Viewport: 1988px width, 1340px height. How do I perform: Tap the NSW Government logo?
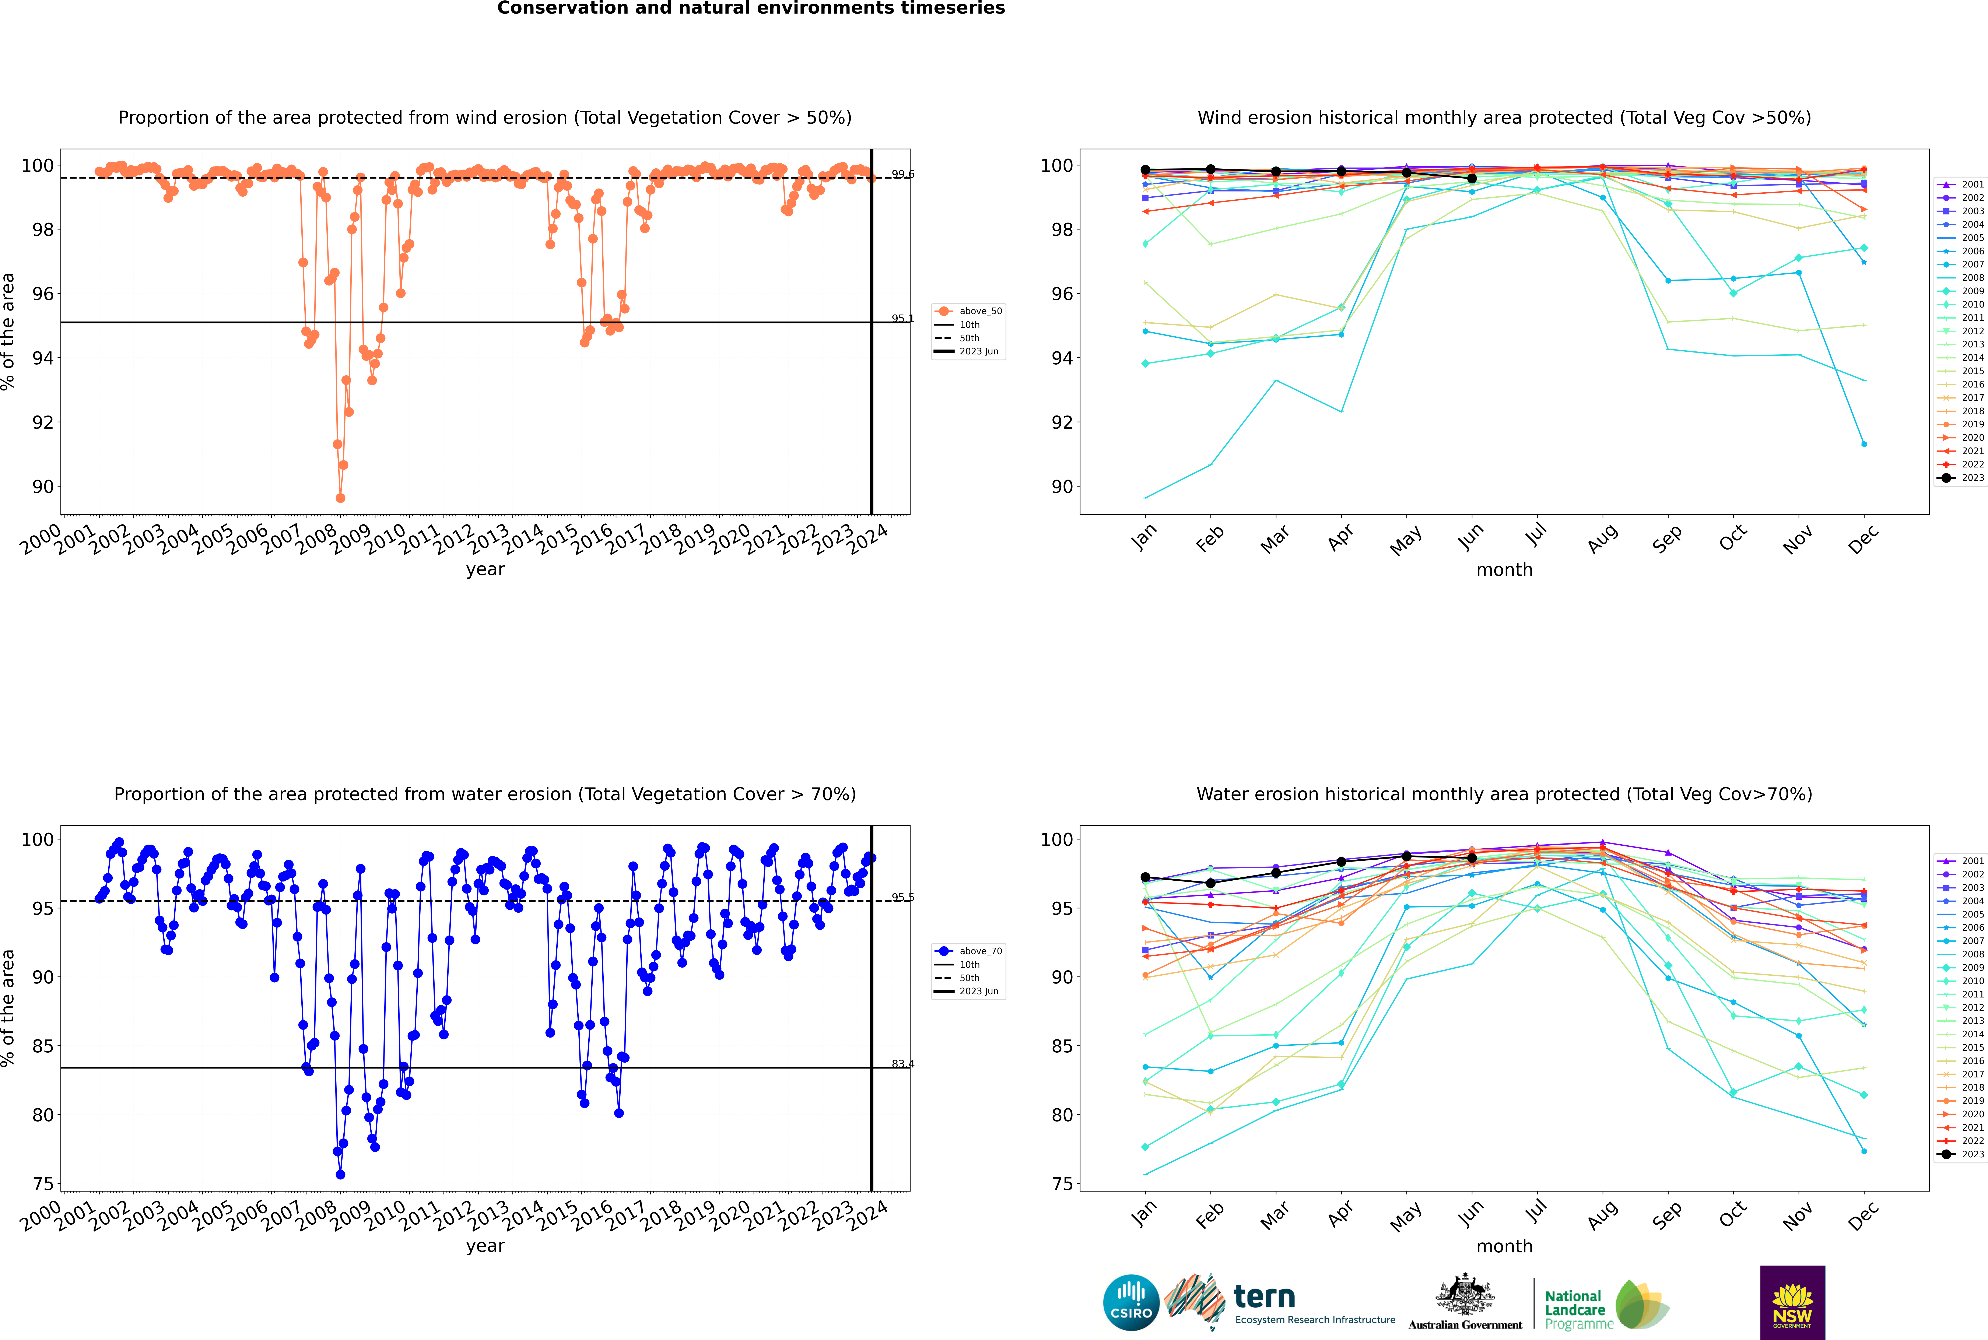pyautogui.click(x=1792, y=1302)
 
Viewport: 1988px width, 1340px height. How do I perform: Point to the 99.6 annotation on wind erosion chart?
pyautogui.click(x=902, y=174)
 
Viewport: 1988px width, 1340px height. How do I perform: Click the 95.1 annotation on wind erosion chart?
pyautogui.click(x=902, y=319)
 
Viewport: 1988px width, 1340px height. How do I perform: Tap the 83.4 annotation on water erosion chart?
pyautogui.click(x=902, y=1064)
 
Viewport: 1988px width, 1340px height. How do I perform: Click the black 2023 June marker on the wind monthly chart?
pyautogui.click(x=1472, y=179)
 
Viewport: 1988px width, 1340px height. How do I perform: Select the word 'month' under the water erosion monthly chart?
pyautogui.click(x=1504, y=1246)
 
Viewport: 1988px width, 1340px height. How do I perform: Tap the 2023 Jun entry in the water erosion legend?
pyautogui.click(x=978, y=991)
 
